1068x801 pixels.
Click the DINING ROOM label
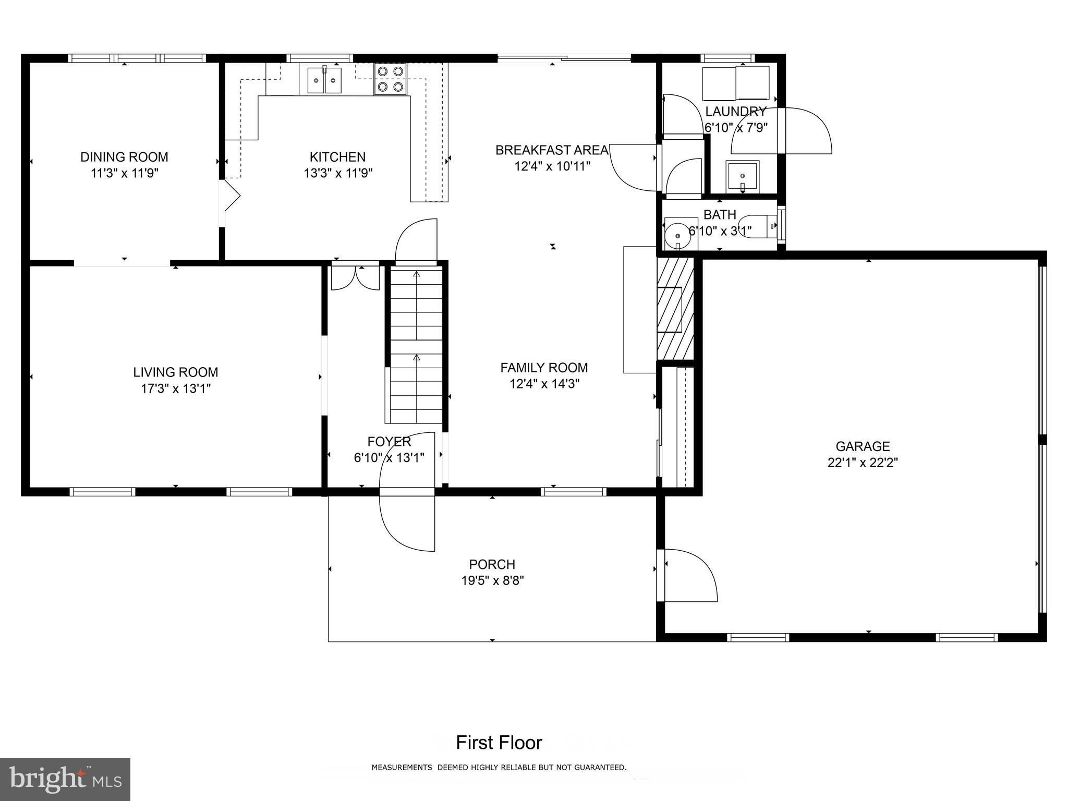pyautogui.click(x=124, y=157)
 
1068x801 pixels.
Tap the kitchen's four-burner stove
pyautogui.click(x=390, y=79)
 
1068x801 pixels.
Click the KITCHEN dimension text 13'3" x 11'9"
pyautogui.click(x=338, y=173)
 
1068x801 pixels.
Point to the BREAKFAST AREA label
pyautogui.click(x=552, y=150)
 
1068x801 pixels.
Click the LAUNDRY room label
pyautogui.click(x=735, y=111)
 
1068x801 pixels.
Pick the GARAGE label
pyautogui.click(x=863, y=446)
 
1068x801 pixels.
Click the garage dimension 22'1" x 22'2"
pyautogui.click(x=863, y=463)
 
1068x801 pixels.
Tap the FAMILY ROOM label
pyautogui.click(x=544, y=368)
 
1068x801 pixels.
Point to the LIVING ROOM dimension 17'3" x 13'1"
pyautogui.click(x=175, y=389)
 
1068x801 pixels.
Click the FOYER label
pyautogui.click(x=389, y=442)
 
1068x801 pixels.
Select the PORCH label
pyautogui.click(x=492, y=564)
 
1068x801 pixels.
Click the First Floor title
pyautogui.click(x=499, y=743)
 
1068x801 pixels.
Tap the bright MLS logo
pyautogui.click(x=65, y=780)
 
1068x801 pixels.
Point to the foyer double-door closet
pyautogui.click(x=356, y=277)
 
